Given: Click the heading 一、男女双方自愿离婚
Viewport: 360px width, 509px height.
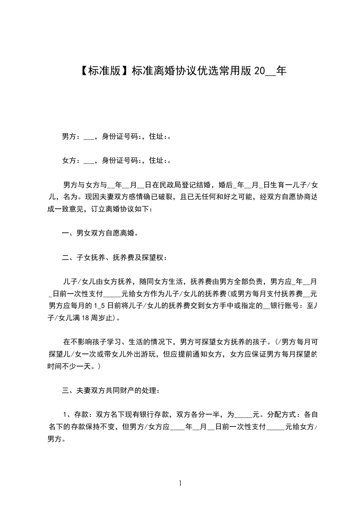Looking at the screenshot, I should [100, 234].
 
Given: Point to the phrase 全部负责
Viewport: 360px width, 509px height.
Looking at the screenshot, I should [241, 282].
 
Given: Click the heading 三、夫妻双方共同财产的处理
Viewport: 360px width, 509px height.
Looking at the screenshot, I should [111, 390].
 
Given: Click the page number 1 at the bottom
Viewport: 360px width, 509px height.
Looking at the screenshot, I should [180, 483].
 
